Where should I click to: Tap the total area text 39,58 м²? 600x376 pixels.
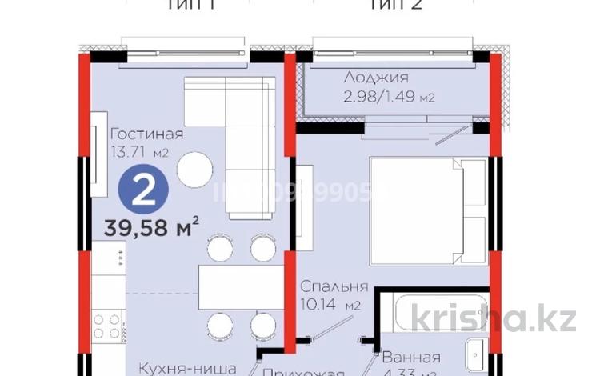click(x=151, y=229)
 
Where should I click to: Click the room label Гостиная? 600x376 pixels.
click(x=146, y=134)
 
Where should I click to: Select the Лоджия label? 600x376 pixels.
click(x=377, y=78)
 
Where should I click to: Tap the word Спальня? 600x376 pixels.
click(x=334, y=286)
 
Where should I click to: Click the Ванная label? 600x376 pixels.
click(x=411, y=358)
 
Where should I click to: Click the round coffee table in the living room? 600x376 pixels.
click(x=194, y=169)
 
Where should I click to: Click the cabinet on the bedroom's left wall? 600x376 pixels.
click(x=305, y=207)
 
